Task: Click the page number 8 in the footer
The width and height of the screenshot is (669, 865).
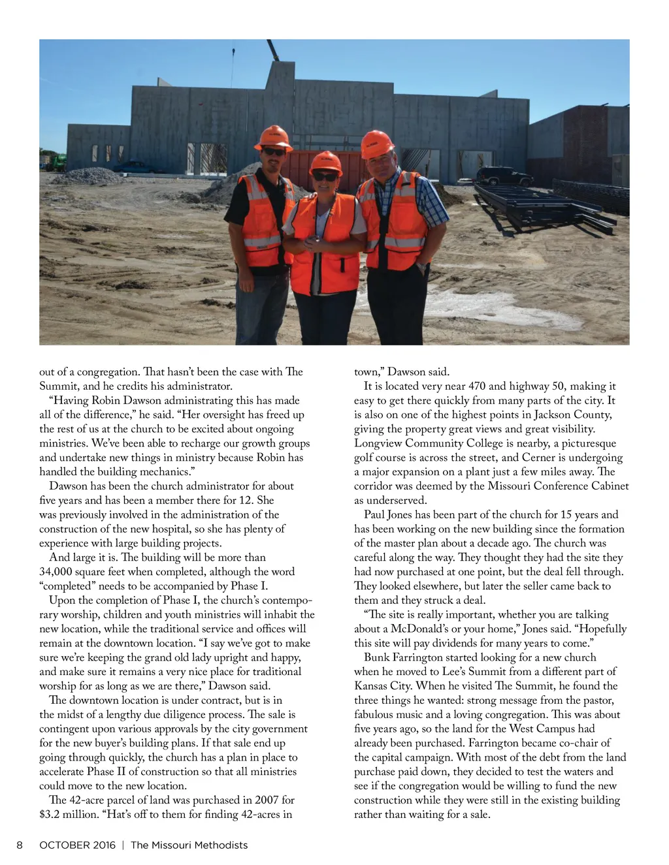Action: (x=20, y=845)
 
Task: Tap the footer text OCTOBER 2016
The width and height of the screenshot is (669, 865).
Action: (x=77, y=845)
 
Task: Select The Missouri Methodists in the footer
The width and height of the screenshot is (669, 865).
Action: (x=189, y=845)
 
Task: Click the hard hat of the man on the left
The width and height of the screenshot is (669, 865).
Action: (x=274, y=137)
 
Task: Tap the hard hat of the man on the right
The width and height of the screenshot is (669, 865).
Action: (x=377, y=142)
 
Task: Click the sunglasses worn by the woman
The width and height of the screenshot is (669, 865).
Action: (x=325, y=176)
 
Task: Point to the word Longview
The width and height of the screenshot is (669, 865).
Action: (x=378, y=443)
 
